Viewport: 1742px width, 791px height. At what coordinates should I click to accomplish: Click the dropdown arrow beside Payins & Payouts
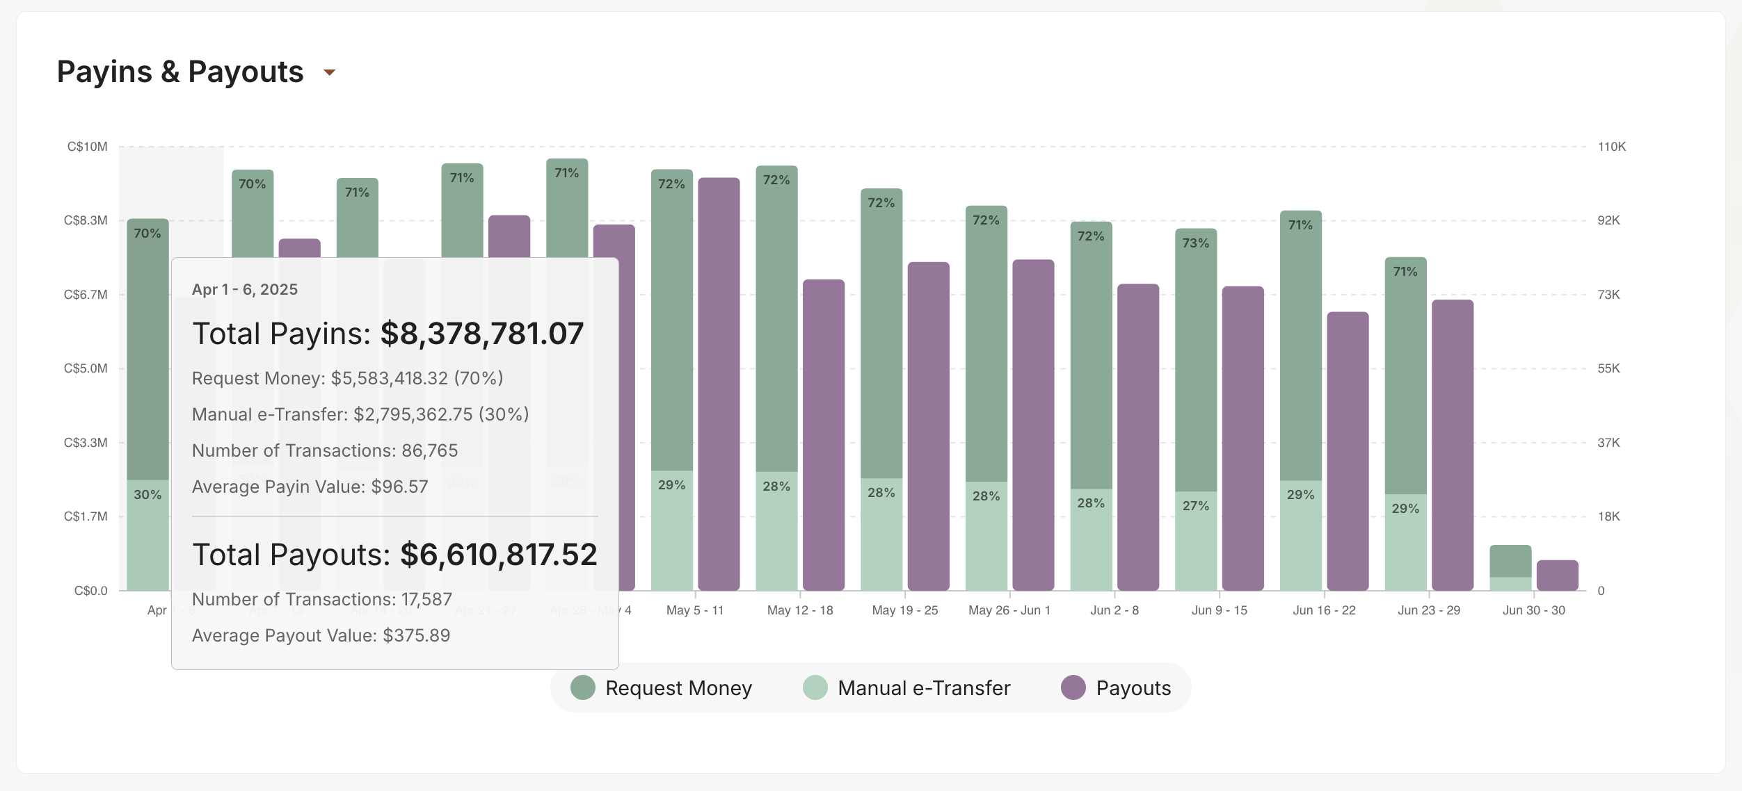click(330, 72)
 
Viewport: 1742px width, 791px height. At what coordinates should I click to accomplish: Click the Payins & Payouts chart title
click(180, 72)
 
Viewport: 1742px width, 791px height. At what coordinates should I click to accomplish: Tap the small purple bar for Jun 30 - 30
click(1557, 576)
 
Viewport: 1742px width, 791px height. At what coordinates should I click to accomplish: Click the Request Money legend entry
click(662, 687)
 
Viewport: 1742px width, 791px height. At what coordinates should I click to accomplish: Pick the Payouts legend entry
click(1116, 687)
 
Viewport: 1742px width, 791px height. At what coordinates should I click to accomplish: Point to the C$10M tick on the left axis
click(87, 147)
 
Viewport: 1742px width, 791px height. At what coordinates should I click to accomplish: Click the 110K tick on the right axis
click(1611, 147)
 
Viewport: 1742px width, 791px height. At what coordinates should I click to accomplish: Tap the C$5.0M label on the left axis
click(86, 368)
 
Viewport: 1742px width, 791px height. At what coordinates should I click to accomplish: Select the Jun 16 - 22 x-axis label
click(1324, 610)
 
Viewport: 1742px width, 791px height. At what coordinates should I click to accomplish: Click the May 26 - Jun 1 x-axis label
click(1009, 610)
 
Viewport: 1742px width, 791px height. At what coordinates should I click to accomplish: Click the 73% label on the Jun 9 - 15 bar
click(1195, 243)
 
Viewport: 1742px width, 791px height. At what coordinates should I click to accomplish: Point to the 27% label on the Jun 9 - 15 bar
click(1195, 506)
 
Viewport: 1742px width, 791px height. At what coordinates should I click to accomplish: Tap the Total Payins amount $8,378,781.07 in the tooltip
click(481, 334)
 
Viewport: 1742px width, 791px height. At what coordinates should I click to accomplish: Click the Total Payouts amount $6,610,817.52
click(498, 555)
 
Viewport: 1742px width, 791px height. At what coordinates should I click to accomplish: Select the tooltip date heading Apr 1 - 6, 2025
click(245, 289)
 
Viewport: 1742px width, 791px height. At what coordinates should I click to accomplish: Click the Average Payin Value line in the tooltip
click(310, 487)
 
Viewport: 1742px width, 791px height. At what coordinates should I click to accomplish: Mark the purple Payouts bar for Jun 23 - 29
click(1453, 445)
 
